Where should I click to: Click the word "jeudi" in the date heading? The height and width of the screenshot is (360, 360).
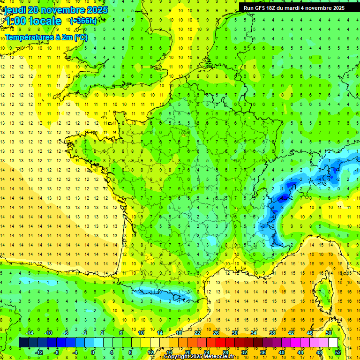(15, 10)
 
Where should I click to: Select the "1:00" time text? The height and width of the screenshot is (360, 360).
(15, 21)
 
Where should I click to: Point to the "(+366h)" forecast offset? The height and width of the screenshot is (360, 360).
(83, 21)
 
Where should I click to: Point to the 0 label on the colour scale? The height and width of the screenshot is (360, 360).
(92, 352)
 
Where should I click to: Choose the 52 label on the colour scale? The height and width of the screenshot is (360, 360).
(337, 352)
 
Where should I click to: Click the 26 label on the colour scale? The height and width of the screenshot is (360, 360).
(216, 333)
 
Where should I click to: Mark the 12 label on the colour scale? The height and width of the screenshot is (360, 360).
(150, 352)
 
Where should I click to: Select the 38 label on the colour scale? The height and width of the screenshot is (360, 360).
(272, 333)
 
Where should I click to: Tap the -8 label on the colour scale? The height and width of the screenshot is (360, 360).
(56, 352)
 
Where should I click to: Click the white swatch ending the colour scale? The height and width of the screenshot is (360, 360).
(333, 343)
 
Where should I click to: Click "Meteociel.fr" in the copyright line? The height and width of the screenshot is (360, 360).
(221, 357)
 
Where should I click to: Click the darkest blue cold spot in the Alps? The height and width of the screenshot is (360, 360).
(283, 198)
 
